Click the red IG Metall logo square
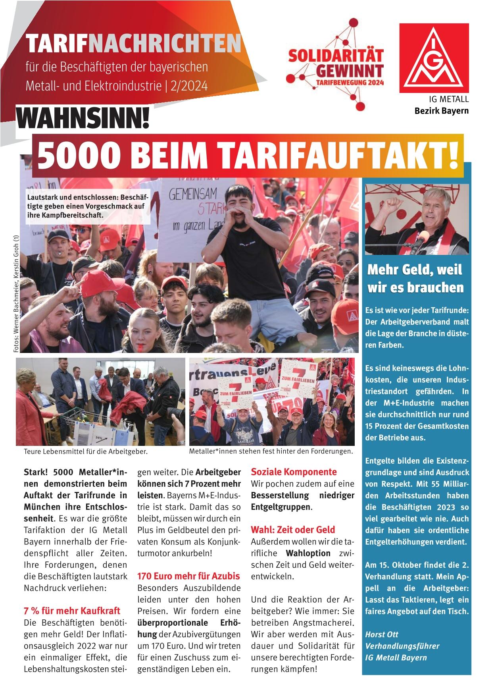tap(434, 56)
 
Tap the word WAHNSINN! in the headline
tap(83, 118)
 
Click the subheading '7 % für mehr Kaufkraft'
tap(72, 611)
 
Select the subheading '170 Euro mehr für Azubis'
tap(189, 576)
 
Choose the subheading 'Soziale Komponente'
tap(294, 472)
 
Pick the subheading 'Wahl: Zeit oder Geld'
tap(293, 530)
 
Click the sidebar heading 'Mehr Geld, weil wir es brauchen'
tap(415, 279)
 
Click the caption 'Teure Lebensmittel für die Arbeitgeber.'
tap(86, 452)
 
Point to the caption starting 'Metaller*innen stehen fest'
tap(271, 451)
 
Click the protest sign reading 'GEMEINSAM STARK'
tap(195, 206)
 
